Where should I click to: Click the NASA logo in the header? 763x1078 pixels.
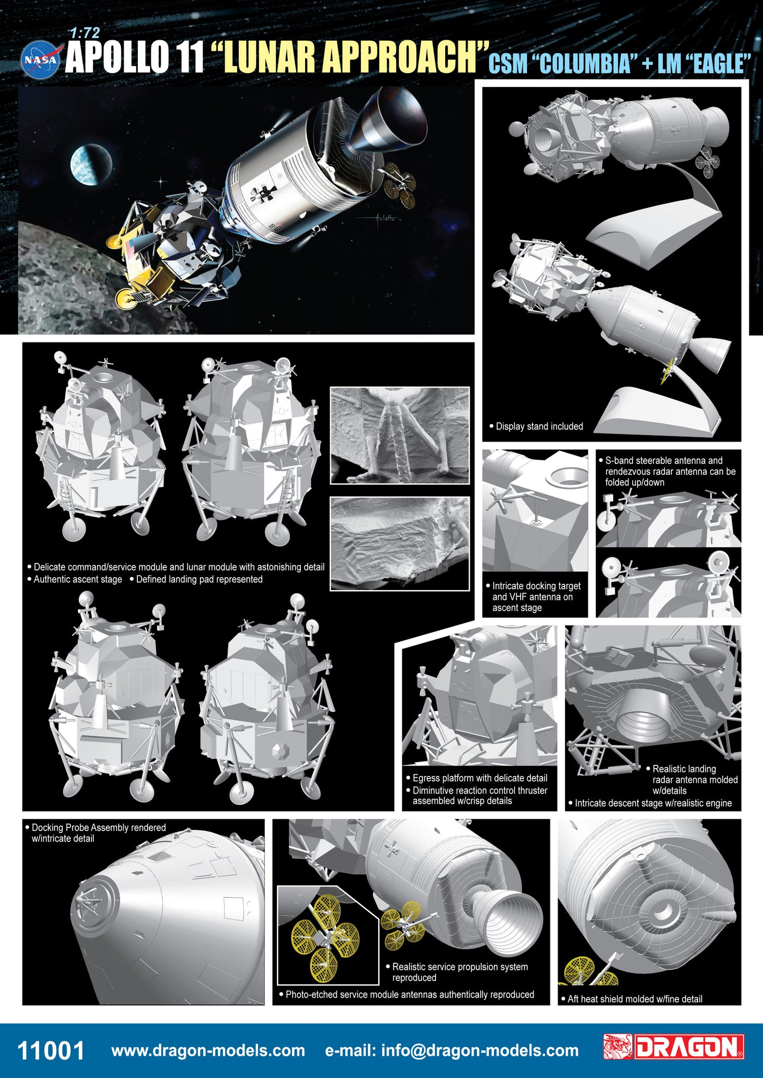(39, 59)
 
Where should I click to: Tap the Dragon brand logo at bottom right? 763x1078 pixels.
(674, 1047)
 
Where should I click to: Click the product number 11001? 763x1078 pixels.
(51, 1050)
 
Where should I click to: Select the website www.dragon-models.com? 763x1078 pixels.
(208, 1050)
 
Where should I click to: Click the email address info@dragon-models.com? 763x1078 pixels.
(452, 1050)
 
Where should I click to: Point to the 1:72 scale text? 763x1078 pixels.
(85, 34)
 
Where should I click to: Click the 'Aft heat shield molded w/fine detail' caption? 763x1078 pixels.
(632, 999)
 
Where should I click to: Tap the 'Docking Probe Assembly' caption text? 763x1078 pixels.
(95, 833)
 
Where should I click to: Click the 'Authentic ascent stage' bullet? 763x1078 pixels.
(75, 579)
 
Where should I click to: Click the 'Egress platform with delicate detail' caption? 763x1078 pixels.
(477, 778)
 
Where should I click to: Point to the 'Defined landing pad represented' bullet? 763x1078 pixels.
(196, 579)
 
